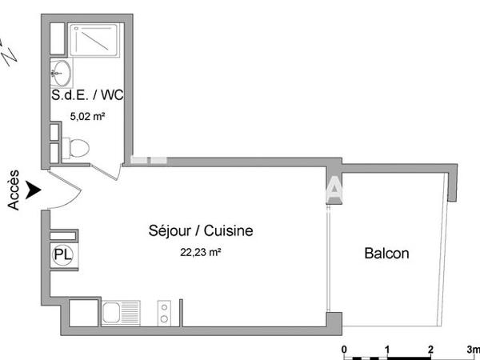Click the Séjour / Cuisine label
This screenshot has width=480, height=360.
click(201, 231)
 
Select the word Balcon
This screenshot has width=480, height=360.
click(387, 254)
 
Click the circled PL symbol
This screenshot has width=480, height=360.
click(61, 254)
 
